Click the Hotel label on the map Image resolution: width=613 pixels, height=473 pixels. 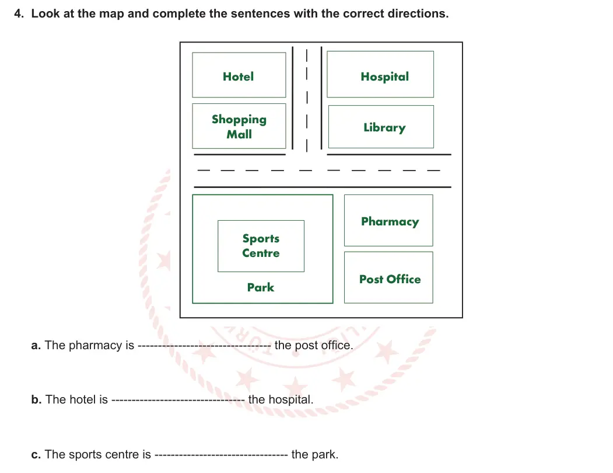click(x=238, y=76)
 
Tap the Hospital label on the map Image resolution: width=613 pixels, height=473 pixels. click(x=385, y=76)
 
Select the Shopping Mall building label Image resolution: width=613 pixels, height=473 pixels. click(x=239, y=127)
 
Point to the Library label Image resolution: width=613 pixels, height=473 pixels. click(x=385, y=127)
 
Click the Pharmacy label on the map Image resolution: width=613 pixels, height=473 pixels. click(x=390, y=222)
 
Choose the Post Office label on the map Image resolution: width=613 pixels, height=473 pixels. click(x=390, y=279)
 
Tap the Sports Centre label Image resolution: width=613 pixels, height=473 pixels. click(x=261, y=245)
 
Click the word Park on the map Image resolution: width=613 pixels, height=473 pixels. click(x=261, y=287)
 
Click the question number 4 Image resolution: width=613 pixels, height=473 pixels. click(x=19, y=13)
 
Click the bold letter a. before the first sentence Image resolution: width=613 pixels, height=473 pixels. click(x=36, y=345)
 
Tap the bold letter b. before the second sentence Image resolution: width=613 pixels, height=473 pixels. click(x=36, y=399)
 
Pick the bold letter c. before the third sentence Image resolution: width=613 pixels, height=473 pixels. click(x=36, y=454)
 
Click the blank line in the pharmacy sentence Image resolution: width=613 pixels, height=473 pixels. click(x=204, y=346)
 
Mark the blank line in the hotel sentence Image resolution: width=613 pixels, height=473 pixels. click(x=178, y=401)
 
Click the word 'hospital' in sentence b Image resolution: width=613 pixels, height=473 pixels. click(x=291, y=400)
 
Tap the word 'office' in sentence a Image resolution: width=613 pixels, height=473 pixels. click(x=337, y=345)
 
